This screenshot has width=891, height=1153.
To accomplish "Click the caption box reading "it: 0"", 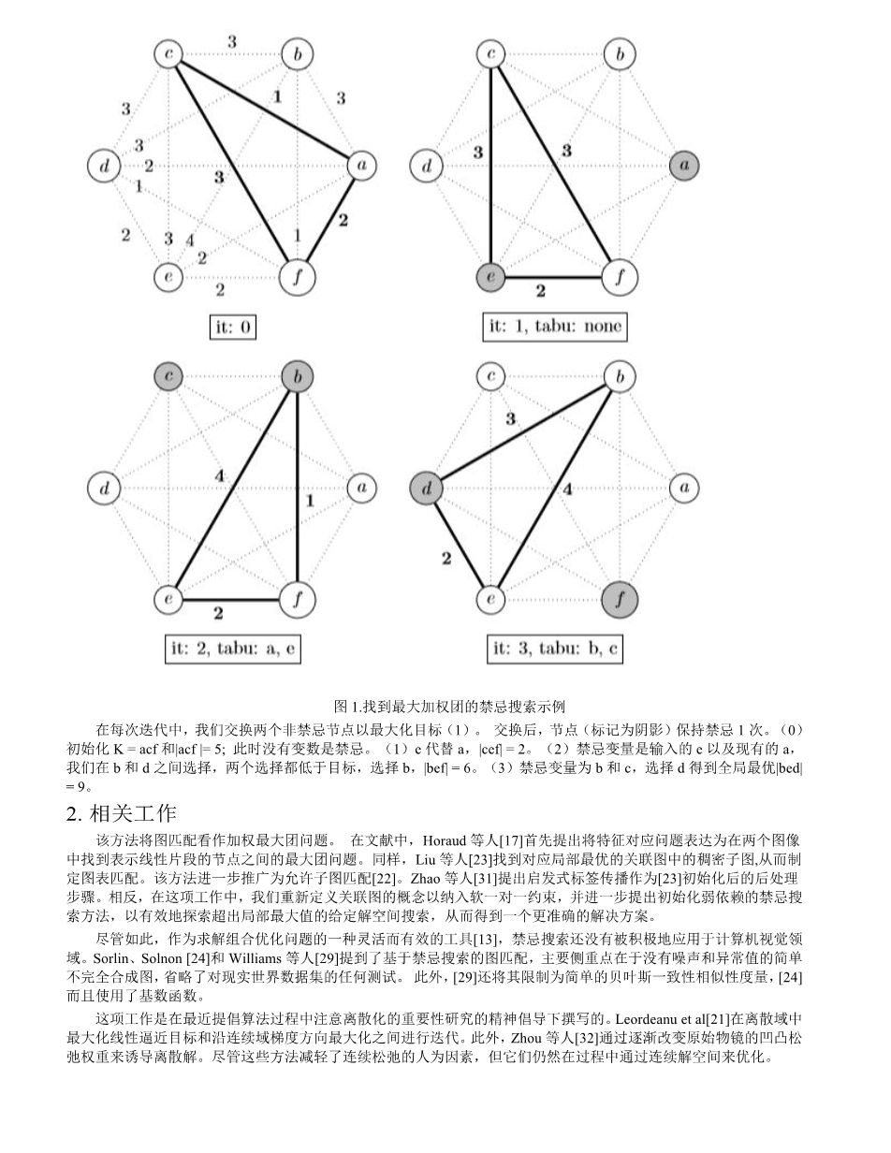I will [232, 328].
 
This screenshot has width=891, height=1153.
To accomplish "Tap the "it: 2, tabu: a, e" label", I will [233, 649].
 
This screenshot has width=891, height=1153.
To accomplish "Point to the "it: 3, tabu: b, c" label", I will [557, 649].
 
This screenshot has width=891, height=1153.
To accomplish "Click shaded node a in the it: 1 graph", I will [684, 167].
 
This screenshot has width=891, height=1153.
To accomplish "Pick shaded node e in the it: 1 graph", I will [490, 278].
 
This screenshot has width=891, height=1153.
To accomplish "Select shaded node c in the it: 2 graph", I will [168, 377].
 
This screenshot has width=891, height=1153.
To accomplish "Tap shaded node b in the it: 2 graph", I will [297, 377].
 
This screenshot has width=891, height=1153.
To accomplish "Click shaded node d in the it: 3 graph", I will [425, 488].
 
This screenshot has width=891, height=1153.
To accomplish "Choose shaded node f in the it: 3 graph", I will [619, 598].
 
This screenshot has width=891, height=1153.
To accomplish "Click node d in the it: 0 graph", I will [103, 167].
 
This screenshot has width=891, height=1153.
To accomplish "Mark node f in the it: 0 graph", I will [297, 277].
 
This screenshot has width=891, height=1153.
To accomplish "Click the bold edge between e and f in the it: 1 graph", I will [554, 278].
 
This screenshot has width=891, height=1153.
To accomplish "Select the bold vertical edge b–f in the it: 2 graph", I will [297, 487].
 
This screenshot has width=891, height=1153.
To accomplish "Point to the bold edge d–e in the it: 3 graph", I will [456, 542].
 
